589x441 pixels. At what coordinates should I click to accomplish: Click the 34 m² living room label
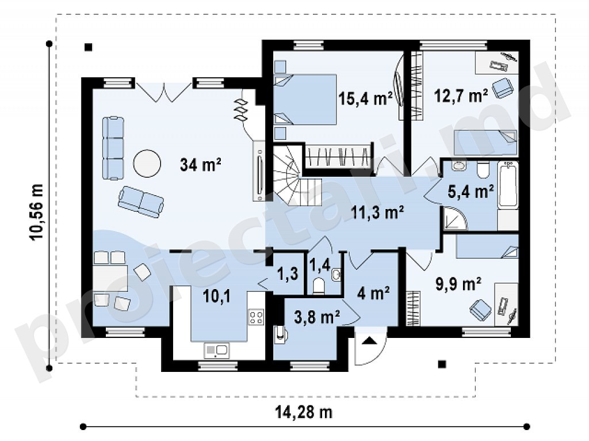(x=200, y=165)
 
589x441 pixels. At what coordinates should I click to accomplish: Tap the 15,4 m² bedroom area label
(x=365, y=98)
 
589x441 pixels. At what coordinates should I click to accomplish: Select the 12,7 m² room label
(x=461, y=96)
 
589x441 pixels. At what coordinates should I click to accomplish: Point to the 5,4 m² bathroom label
(x=471, y=191)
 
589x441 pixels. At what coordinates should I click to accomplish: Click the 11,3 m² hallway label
(x=377, y=212)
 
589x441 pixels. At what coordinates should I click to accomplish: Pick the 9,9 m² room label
(x=458, y=284)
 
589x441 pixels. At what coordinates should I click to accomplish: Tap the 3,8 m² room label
(x=317, y=318)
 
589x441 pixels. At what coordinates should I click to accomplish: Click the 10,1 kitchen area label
(x=217, y=296)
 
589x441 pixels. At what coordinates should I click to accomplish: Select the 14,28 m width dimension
(x=304, y=412)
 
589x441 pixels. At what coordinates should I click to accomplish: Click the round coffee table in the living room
(x=147, y=163)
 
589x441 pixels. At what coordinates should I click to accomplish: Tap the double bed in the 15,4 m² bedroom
(x=305, y=99)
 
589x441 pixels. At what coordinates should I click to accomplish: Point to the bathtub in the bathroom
(x=508, y=184)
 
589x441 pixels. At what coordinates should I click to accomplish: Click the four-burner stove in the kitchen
(x=256, y=317)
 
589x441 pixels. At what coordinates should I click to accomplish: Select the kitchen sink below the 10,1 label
(x=216, y=350)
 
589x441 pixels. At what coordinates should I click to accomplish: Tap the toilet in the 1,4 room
(x=319, y=286)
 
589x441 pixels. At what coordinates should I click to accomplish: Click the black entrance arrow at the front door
(x=369, y=341)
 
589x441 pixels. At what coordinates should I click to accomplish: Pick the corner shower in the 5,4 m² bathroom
(x=454, y=218)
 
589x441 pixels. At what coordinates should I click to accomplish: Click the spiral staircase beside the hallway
(x=297, y=175)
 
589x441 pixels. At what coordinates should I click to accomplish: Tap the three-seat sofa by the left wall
(x=113, y=148)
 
